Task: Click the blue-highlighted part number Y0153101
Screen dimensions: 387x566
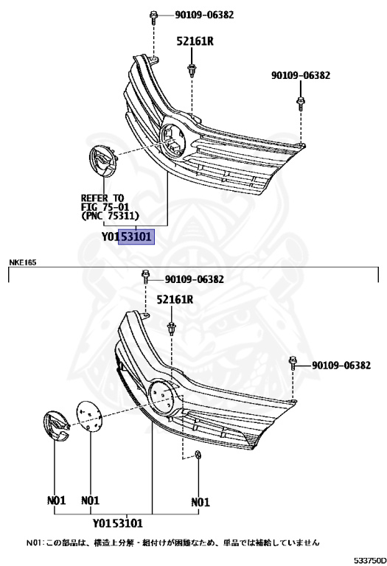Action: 126,237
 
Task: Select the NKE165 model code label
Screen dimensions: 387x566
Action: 22,262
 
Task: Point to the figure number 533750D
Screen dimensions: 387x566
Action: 369,560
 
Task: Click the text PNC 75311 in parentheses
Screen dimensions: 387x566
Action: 110,216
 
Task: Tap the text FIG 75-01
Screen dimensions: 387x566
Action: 105,207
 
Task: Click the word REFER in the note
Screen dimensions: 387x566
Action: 94,198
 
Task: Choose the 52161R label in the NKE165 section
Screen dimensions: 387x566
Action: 175,299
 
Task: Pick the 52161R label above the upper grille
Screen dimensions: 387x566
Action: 195,41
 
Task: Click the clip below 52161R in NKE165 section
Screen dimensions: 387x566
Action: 171,329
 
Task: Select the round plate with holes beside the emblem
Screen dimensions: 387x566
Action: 88,415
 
